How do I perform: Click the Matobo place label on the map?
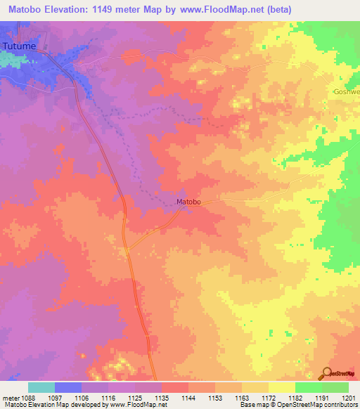[x=188, y=202]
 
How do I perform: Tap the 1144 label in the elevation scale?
[x=188, y=398]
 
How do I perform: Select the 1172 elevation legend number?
[x=269, y=398]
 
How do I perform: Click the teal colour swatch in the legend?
[x=41, y=387]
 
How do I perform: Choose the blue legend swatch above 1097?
[x=68, y=387]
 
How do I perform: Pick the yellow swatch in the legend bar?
[x=281, y=387]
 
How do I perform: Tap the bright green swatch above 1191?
[x=308, y=387]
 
